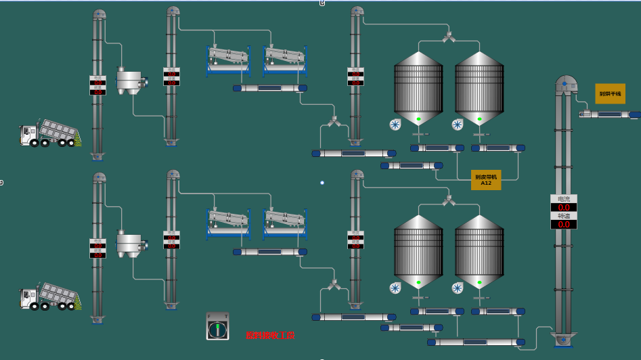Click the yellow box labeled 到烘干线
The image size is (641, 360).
[x=610, y=93]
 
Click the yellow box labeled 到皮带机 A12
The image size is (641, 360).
[x=486, y=180]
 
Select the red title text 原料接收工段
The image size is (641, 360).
[x=270, y=335]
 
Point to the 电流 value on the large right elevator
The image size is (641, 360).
[x=564, y=207]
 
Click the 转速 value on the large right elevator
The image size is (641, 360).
[x=564, y=224]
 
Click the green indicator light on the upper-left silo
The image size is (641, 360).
[x=419, y=119]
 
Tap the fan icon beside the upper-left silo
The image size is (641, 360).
[x=396, y=124]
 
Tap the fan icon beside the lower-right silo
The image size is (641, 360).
[x=458, y=288]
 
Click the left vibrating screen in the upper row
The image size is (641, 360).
[x=228, y=59]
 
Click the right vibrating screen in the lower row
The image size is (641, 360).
[x=285, y=223]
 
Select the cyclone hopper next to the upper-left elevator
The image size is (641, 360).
[x=129, y=81]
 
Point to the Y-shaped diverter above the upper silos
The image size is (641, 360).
[x=449, y=37]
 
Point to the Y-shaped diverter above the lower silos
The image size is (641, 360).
[x=449, y=200]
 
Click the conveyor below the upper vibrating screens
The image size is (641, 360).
[x=270, y=88]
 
